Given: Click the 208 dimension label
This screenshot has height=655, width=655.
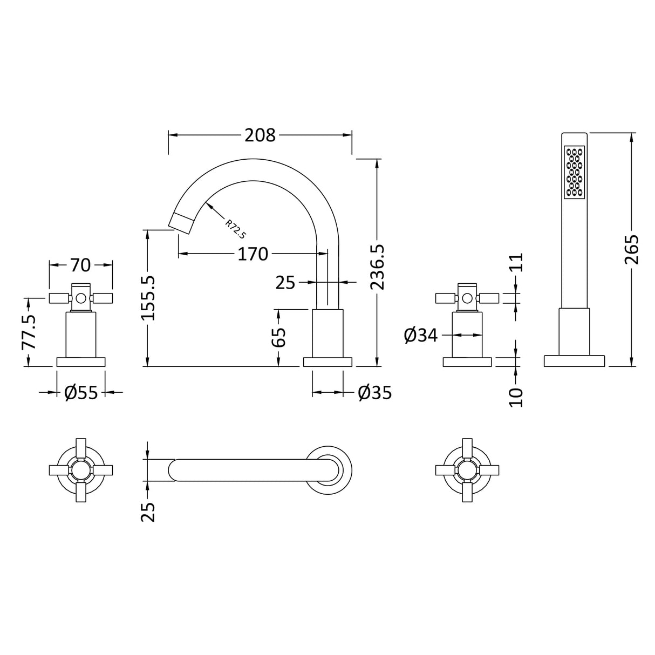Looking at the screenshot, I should (x=260, y=135).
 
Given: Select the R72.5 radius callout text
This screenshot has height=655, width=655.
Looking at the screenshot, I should (x=236, y=228).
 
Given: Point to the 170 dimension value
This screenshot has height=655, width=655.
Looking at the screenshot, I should (x=253, y=254).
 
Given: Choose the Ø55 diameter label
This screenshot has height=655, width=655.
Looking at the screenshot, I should (x=81, y=393).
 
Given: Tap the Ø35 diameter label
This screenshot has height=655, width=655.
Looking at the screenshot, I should (x=374, y=393).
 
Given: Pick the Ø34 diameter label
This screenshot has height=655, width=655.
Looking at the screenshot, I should (x=420, y=336).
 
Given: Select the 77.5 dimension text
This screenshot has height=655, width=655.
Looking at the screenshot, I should (x=30, y=333).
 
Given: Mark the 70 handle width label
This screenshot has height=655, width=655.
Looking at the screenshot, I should (x=80, y=265).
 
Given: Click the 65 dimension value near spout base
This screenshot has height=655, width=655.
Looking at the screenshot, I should (x=278, y=338).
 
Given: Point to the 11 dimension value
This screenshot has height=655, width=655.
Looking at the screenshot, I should (x=516, y=263).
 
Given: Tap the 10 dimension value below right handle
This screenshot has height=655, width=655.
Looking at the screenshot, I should (x=516, y=397).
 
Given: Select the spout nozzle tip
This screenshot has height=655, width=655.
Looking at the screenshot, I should (x=181, y=222).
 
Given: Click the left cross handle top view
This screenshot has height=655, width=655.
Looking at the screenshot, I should (x=80, y=469).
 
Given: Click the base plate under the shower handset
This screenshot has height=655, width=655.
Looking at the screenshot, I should (x=574, y=360).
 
